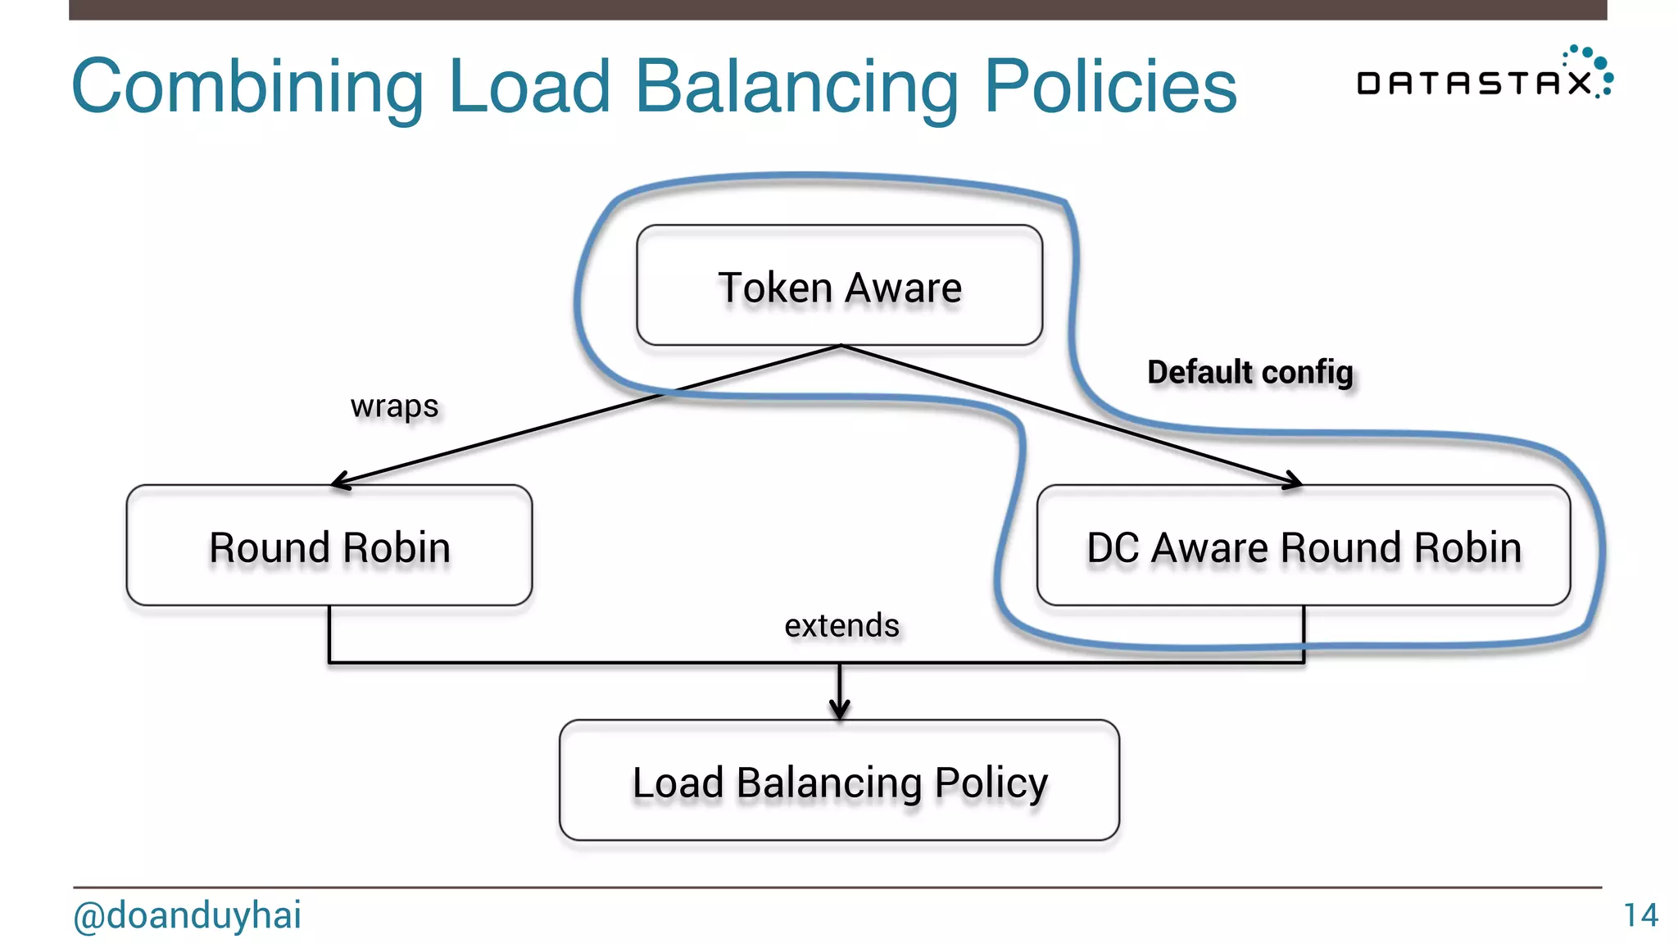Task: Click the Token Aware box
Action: (x=839, y=285)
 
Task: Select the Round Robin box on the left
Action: (x=329, y=546)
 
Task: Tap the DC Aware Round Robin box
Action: (x=1303, y=546)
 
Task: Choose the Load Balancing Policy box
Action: (x=839, y=781)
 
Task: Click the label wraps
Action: (x=394, y=406)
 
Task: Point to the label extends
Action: (x=841, y=625)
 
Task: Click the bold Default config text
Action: (x=1249, y=372)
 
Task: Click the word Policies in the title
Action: (x=1110, y=86)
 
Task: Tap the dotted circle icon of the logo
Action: (x=1592, y=70)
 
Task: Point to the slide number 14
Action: (x=1640, y=914)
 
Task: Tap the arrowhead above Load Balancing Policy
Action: (x=839, y=710)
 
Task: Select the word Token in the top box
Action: (x=775, y=288)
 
